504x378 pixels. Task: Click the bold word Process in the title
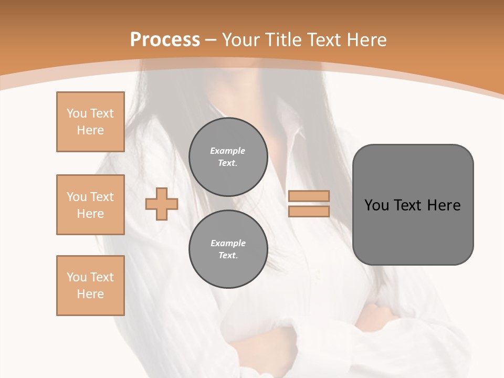click(165, 40)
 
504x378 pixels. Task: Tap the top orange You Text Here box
click(90, 122)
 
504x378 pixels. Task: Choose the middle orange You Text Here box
click(90, 205)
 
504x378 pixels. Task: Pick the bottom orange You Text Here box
click(90, 286)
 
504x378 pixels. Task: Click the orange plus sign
click(162, 204)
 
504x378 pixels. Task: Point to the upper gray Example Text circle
click(228, 156)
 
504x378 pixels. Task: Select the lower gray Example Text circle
click(228, 249)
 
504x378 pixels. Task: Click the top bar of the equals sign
click(309, 196)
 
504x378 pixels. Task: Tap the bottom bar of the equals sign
click(309, 211)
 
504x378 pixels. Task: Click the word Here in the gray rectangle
click(444, 205)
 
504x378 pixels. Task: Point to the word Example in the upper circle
click(228, 151)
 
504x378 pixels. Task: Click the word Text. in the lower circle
click(228, 255)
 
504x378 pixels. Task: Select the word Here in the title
click(367, 40)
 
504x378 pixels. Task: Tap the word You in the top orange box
click(77, 113)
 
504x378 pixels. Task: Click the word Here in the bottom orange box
click(90, 294)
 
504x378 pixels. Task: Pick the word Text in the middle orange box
click(102, 197)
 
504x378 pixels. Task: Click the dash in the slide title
click(211, 40)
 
